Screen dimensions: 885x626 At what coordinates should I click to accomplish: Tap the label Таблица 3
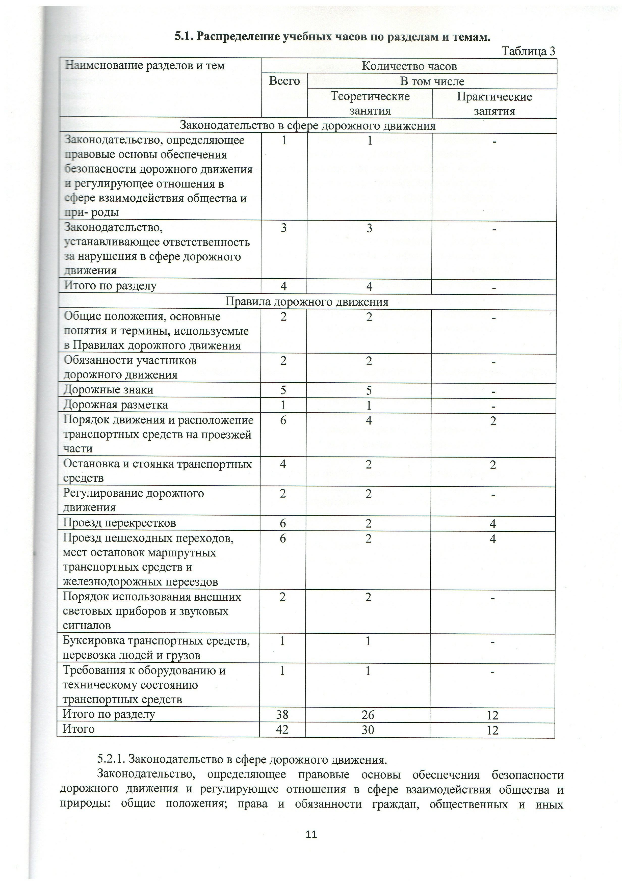[528, 51]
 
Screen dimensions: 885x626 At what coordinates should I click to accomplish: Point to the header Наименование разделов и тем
[145, 66]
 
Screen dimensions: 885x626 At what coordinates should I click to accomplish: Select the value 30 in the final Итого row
[368, 730]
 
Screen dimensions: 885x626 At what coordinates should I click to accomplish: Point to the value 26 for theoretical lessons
[368, 715]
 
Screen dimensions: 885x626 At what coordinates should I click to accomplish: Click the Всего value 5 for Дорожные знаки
[283, 390]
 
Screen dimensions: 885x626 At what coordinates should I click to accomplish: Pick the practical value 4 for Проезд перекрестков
[493, 523]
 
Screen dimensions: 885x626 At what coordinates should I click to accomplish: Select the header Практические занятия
[494, 104]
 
